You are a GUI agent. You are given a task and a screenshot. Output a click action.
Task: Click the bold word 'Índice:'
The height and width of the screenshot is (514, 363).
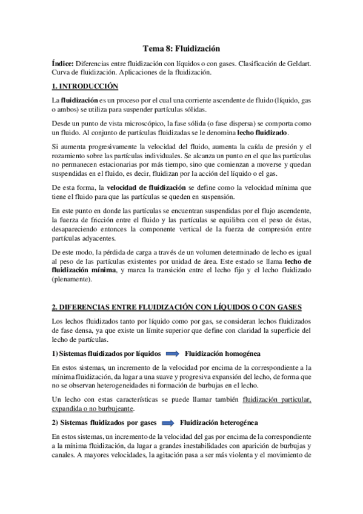(x=64, y=63)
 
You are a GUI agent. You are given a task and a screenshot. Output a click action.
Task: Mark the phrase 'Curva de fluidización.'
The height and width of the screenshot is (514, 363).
(x=86, y=72)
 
